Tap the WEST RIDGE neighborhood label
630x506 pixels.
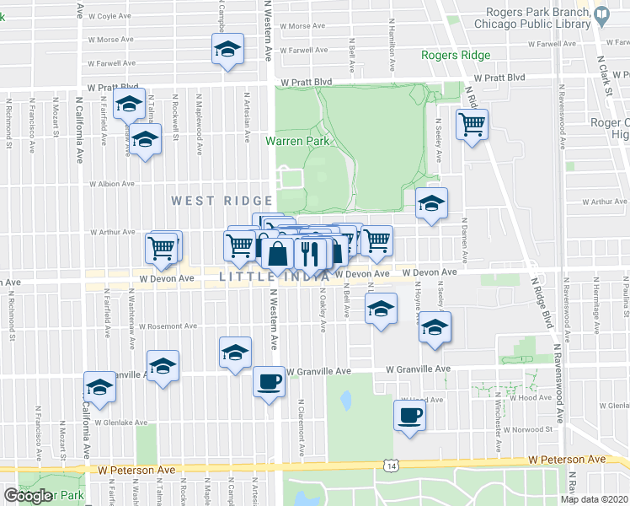tap(222, 201)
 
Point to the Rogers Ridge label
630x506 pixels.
tap(456, 57)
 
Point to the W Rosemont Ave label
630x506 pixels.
tap(168, 326)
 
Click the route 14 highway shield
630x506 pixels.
tap(390, 465)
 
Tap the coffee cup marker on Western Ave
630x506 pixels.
tap(270, 382)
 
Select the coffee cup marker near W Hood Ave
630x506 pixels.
tap(410, 416)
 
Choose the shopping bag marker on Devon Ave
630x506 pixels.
tap(277, 253)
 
